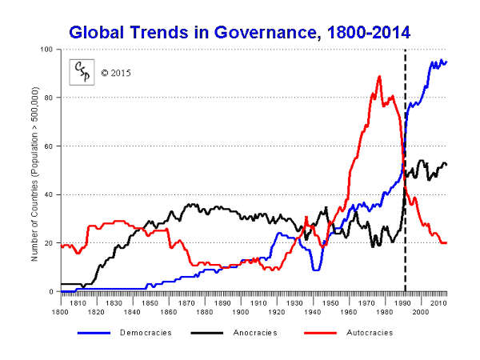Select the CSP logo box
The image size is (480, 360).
82,72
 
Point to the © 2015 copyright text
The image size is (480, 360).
116,73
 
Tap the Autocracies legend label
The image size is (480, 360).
368,332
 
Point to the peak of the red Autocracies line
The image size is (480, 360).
379,77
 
